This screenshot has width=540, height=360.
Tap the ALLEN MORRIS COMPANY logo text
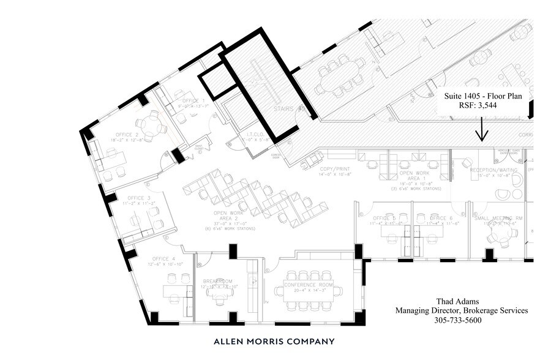(x=274, y=342)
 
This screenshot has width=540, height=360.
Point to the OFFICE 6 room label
(x=441, y=218)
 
